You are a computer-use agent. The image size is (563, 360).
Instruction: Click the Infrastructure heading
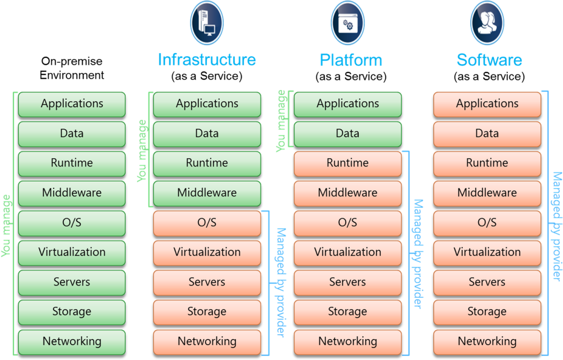(207, 59)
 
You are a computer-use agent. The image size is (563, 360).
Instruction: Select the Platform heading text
(351, 60)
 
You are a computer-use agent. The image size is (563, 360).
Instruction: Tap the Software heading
(489, 59)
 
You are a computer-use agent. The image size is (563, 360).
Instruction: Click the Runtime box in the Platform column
(348, 163)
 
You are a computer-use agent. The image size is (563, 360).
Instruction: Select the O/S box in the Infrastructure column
(207, 223)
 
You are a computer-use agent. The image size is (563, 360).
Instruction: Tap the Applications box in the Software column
(487, 104)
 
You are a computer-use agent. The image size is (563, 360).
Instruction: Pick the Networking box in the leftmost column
(72, 342)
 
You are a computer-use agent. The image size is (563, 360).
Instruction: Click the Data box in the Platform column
(348, 134)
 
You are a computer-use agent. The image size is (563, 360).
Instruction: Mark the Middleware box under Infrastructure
(207, 193)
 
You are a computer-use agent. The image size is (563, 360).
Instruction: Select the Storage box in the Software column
(487, 312)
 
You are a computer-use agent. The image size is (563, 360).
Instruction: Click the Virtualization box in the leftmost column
(72, 252)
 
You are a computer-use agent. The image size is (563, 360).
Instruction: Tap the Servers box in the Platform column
(348, 282)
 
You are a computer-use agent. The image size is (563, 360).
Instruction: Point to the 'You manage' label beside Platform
(281, 121)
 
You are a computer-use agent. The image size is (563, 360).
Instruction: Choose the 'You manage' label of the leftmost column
(6, 226)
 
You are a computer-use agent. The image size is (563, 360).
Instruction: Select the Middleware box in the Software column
(487, 193)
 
